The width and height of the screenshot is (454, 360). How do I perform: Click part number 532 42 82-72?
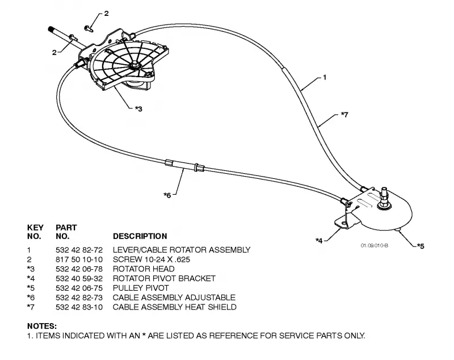79,250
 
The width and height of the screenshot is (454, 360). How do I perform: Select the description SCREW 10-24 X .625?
152,259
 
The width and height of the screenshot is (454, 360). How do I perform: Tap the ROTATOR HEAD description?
144,269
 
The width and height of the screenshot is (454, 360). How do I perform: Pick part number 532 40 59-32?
79,278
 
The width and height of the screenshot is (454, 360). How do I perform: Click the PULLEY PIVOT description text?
141,288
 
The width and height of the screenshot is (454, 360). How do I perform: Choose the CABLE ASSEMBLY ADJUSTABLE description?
174,298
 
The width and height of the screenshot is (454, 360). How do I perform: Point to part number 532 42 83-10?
79,307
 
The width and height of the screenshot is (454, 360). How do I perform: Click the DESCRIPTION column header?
140,236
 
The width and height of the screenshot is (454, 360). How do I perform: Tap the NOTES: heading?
42,326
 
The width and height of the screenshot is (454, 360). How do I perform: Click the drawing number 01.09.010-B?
375,246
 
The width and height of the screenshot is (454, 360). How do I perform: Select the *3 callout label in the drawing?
138,109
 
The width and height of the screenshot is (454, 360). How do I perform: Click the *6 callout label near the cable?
167,195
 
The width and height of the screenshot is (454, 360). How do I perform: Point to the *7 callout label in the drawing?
344,114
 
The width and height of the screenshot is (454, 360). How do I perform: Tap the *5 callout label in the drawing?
421,246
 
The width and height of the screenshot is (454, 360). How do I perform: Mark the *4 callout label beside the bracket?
319,240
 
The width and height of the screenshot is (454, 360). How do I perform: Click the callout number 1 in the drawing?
325,77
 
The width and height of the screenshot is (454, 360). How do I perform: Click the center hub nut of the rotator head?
135,65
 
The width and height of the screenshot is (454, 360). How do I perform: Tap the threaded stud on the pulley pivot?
385,193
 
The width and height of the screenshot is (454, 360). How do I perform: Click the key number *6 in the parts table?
31,298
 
